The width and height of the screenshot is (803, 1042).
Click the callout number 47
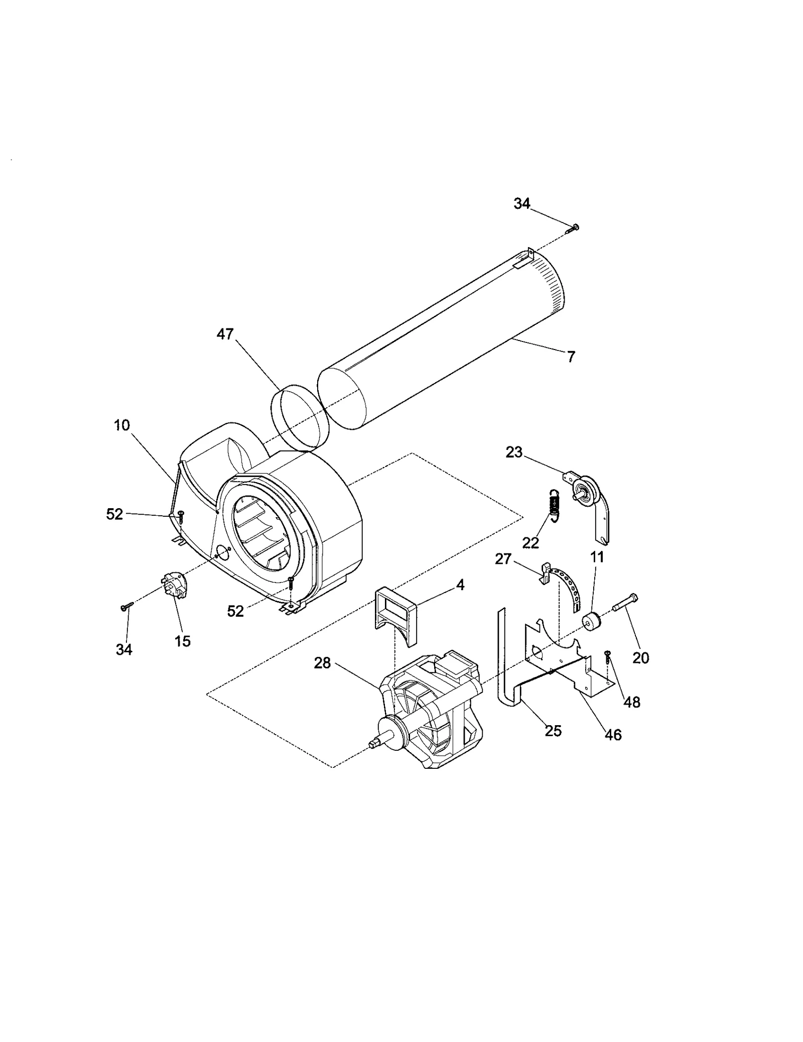pyautogui.click(x=225, y=333)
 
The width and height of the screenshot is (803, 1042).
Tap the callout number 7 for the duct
pyautogui.click(x=571, y=357)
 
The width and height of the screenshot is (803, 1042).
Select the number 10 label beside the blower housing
pyautogui.click(x=122, y=425)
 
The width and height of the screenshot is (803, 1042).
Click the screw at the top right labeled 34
pyautogui.click(x=572, y=229)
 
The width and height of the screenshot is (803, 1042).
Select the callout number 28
pyautogui.click(x=323, y=663)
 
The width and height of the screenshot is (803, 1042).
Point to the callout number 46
pyautogui.click(x=613, y=735)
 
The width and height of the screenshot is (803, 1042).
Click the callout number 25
pyautogui.click(x=553, y=731)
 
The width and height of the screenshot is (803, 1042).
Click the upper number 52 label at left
pyautogui.click(x=115, y=514)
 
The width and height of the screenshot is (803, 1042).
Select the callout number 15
pyautogui.click(x=183, y=641)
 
